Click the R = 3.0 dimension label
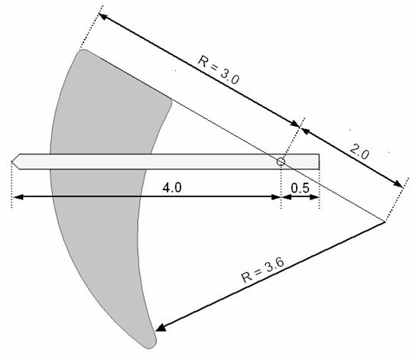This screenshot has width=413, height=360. pos(218,70)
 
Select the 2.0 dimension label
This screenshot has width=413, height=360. pos(359,152)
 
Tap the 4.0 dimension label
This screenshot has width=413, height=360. pos(172,188)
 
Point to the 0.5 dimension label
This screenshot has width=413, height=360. pos(300,188)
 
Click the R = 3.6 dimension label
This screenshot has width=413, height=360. pos(262,271)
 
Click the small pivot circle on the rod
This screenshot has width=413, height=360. pos(281,161)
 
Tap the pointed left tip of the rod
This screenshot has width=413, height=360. pos(11,161)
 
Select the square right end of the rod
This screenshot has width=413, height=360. pos(319,161)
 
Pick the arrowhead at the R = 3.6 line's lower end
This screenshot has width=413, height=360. pos(160,328)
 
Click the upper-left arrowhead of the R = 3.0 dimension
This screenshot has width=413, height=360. pos(102,17)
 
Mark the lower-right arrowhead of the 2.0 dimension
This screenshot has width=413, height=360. pos(398,183)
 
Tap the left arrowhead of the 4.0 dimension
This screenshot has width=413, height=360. pos(18,197)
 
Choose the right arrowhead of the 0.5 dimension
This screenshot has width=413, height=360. pos(314,197)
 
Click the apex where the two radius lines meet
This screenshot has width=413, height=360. pos(385,222)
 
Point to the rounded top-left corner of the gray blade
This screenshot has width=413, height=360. pos(82,51)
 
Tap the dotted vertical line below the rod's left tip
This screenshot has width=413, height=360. pos(11,185)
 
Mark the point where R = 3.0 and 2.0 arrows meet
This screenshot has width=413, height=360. pos(300,127)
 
